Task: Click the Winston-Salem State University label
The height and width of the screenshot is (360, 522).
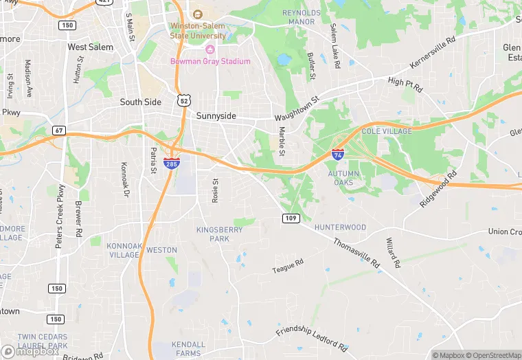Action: coord(198,31)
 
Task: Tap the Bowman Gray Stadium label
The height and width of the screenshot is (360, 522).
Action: coord(210,61)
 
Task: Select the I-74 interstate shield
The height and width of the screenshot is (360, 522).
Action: coord(338,155)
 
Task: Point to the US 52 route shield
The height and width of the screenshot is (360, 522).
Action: coord(183,100)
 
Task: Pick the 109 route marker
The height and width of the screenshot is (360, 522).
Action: coord(289,218)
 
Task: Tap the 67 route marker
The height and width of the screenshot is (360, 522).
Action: coord(58,131)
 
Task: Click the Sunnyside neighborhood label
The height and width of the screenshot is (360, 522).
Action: coord(216,116)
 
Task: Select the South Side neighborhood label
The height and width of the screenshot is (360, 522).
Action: coord(140,102)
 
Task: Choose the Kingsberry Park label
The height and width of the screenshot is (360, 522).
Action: coord(220,234)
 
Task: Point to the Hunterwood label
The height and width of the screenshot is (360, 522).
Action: coord(340,227)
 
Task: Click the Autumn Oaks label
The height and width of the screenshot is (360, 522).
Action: coord(343,178)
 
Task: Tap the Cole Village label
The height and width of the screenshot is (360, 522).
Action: coord(387,131)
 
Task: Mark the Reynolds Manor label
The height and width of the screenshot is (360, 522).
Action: coord(301,17)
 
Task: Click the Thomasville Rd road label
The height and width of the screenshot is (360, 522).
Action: coord(356,253)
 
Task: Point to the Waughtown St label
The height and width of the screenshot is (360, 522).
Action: coord(297,109)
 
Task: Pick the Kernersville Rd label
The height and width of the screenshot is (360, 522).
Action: coord(433,53)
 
